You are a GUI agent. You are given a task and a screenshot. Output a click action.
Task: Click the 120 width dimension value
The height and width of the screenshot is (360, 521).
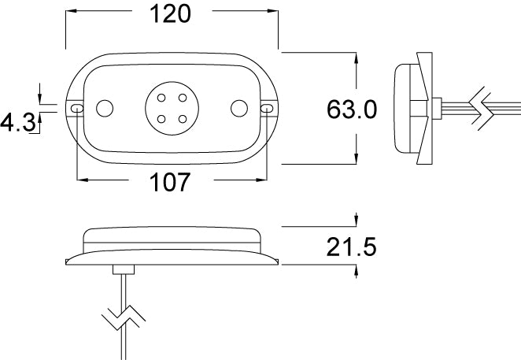tap(170, 14)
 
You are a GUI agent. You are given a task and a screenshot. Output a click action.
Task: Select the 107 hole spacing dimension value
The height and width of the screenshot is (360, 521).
tap(170, 182)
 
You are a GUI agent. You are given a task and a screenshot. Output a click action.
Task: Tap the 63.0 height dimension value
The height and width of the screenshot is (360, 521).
tap(352, 109)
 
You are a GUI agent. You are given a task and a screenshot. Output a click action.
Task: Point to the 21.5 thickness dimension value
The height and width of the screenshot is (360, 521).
tap(352, 247)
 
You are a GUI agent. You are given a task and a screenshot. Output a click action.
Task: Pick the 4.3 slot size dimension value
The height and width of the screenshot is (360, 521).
tap(17, 122)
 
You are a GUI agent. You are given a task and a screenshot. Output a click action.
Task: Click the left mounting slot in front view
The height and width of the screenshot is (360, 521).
tap(77, 108)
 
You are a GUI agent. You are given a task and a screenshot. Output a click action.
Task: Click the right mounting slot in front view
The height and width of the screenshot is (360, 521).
tap(267, 108)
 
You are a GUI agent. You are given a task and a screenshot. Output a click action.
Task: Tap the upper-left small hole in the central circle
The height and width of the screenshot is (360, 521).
tap(161, 98)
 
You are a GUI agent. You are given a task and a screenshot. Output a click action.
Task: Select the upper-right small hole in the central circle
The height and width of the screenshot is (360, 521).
tap(183, 98)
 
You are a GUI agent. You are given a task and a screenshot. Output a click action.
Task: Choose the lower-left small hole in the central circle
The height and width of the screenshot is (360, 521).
tap(161, 119)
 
